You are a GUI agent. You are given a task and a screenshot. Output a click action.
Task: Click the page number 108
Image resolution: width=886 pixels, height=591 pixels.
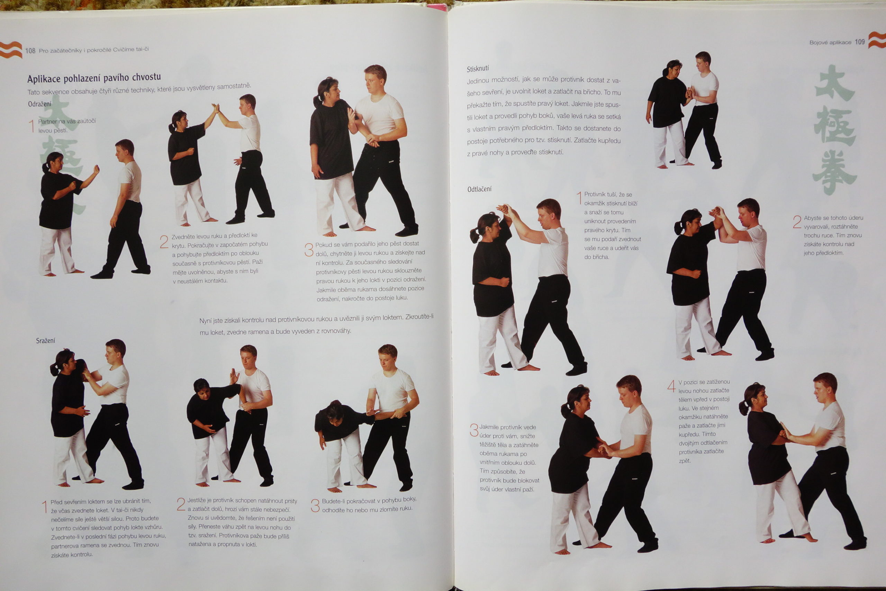click(30, 51)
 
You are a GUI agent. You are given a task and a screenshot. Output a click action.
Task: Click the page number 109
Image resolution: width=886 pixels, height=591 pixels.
click(860, 42)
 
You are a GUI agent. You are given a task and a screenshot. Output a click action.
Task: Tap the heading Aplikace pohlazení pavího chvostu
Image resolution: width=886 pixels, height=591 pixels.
click(94, 78)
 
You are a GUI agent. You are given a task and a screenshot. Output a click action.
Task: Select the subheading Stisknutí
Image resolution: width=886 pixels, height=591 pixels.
click(478, 69)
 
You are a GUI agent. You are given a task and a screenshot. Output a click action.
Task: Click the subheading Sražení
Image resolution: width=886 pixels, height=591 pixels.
click(46, 341)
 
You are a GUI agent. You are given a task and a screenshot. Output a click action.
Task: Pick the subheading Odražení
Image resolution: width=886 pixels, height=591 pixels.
click(39, 104)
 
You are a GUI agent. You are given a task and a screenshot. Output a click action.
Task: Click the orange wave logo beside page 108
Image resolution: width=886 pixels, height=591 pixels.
click(11, 50)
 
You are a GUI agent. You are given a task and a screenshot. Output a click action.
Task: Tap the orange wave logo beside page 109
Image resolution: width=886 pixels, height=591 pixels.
click(877, 40)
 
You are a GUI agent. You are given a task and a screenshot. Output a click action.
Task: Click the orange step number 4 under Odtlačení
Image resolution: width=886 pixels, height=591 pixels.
click(671, 386)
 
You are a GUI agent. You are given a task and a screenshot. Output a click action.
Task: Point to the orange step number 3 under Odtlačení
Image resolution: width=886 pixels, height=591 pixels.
click(474, 430)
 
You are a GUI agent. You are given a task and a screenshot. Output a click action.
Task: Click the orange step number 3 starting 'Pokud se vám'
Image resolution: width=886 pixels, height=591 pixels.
click(309, 250)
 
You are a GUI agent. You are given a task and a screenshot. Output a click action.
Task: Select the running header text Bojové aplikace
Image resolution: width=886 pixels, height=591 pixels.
click(830, 42)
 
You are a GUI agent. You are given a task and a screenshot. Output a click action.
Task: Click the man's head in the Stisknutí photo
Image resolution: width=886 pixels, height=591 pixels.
click(703, 60)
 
